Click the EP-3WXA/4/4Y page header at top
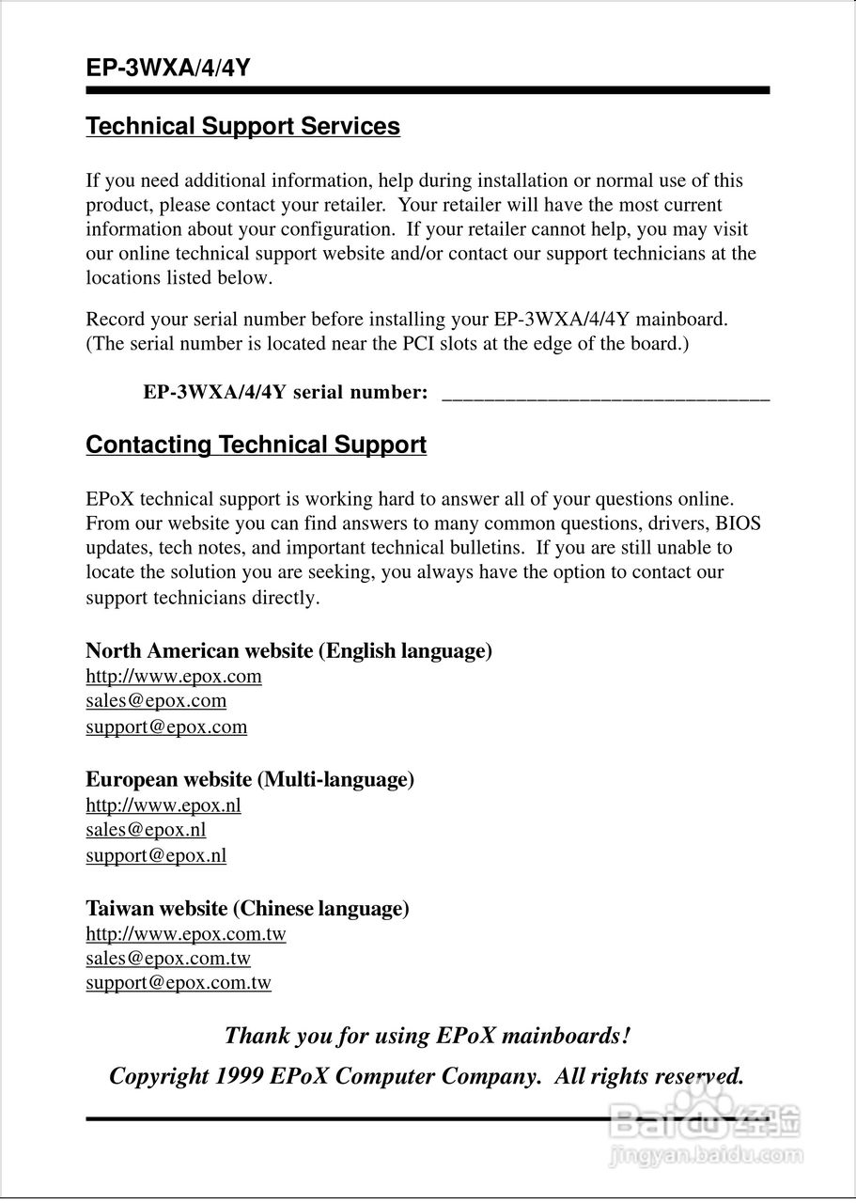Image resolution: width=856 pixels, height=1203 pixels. [x=167, y=69]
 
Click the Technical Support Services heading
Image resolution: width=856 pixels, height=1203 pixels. [x=242, y=127]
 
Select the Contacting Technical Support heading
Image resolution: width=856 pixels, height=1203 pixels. [x=256, y=445]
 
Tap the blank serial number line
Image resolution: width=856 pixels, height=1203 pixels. [x=605, y=395]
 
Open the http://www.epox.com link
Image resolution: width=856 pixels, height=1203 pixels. [x=174, y=677]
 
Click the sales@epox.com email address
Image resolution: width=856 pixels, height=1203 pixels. [x=156, y=701]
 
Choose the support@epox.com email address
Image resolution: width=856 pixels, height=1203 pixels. [x=166, y=726]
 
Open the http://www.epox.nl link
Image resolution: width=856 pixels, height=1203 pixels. [x=163, y=805]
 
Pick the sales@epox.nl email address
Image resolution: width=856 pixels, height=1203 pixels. [x=146, y=830]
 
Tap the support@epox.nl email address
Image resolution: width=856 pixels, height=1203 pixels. [x=156, y=855]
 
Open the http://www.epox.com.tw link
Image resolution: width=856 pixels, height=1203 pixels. [x=186, y=934]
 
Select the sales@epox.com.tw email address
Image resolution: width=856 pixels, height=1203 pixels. [x=168, y=959]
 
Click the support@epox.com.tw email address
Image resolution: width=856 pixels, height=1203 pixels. [x=179, y=983]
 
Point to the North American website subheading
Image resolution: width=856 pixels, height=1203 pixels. [x=288, y=650]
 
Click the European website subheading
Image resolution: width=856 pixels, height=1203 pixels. [x=250, y=779]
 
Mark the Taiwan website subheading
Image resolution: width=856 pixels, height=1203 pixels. [x=247, y=909]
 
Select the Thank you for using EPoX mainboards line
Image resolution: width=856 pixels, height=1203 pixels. [x=428, y=1037]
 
